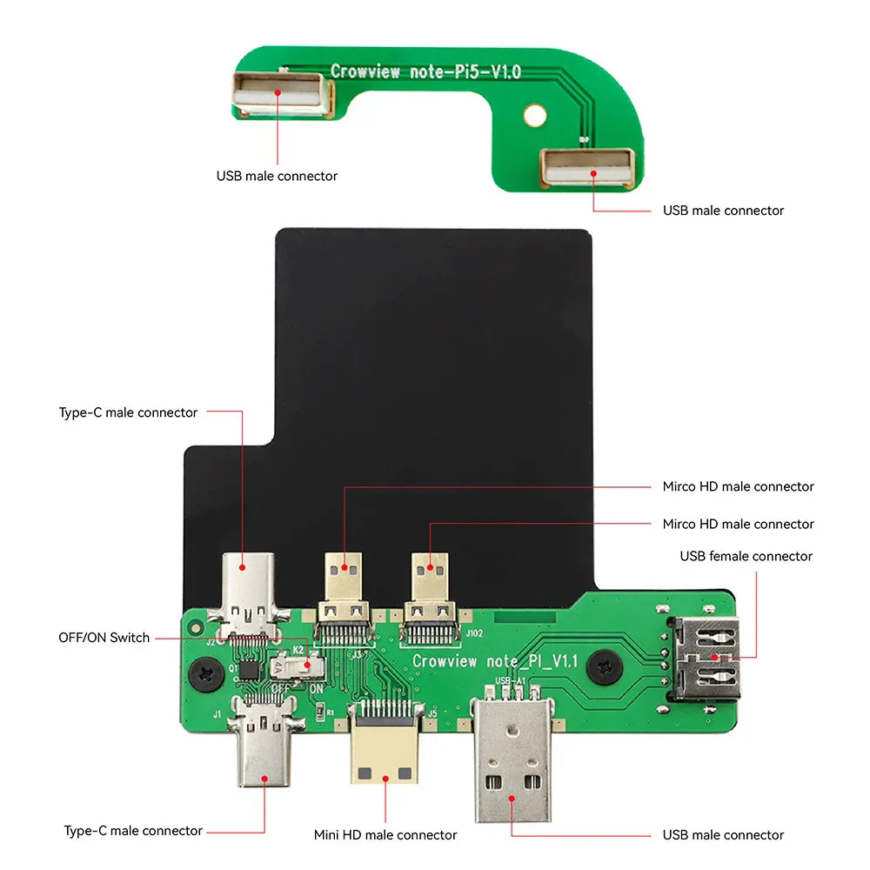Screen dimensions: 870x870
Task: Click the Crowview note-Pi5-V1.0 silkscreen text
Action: [425, 71]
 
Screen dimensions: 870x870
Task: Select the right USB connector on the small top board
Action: [586, 167]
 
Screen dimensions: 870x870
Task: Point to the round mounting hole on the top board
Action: [536, 114]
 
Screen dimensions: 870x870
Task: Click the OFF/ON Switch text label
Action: [104, 638]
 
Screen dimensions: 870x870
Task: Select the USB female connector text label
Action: [746, 556]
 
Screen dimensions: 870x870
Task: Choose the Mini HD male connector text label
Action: [385, 834]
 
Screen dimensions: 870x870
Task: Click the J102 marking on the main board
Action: [474, 633]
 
